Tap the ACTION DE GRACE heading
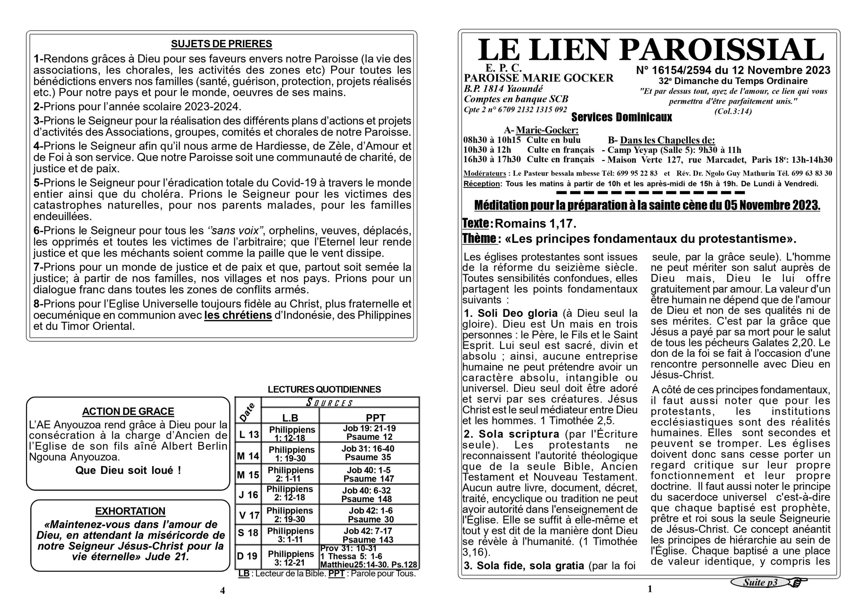(x=128, y=411)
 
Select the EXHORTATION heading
(x=130, y=511)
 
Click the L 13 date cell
(x=249, y=434)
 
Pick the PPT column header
(x=375, y=418)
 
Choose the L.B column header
(x=290, y=418)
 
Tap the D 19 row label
(x=248, y=556)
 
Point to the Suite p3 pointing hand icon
(x=798, y=582)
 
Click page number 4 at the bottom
(x=222, y=591)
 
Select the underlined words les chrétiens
(x=238, y=315)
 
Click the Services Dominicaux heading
(x=622, y=118)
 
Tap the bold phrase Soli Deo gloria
(x=518, y=313)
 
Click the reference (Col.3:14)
(x=733, y=111)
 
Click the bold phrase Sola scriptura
(x=519, y=434)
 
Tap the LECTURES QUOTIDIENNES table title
(x=324, y=389)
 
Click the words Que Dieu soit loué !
(x=128, y=470)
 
